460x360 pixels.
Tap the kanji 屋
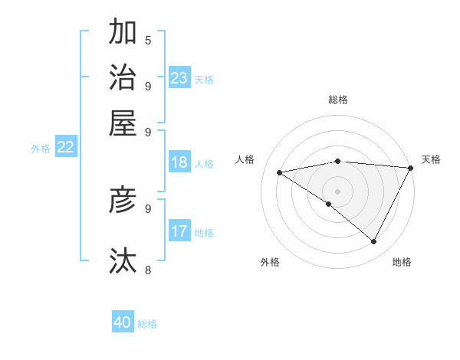coord(123,122)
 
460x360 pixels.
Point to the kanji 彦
coord(123,200)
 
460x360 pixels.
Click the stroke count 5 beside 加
coord(147,40)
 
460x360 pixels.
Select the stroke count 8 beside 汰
coord(147,270)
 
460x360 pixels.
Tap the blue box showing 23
coord(179,78)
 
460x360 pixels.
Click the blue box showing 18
coord(179,162)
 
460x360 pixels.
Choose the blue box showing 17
coord(179,231)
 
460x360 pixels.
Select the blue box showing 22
coord(65,147)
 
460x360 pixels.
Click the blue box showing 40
coord(123,322)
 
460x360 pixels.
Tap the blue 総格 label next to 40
coord(147,324)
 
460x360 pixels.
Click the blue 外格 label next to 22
coord(41,149)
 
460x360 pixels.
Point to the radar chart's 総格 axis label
coord(337,100)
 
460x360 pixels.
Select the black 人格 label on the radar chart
coord(245,159)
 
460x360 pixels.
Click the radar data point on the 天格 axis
coord(410,168)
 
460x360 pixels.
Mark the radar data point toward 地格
coord(374,242)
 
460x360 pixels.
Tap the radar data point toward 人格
coord(280,172)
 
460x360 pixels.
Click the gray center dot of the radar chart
coord(337,191)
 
